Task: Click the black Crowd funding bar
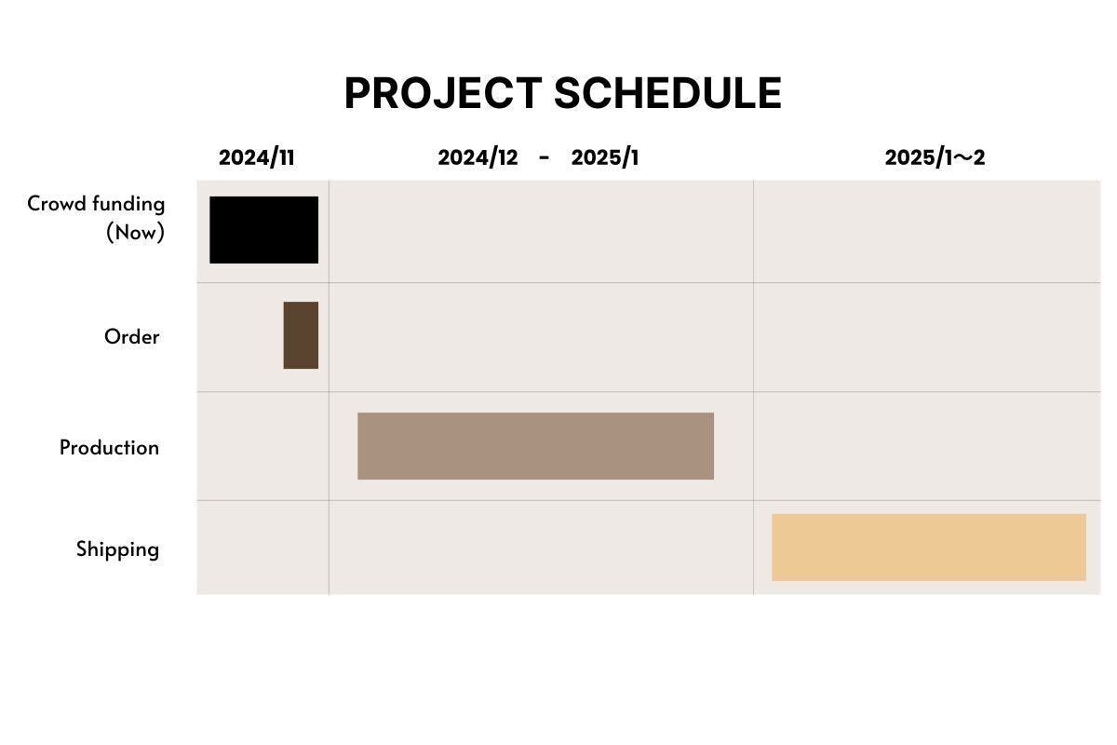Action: pyautogui.click(x=263, y=230)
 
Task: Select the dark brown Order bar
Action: pyautogui.click(x=301, y=335)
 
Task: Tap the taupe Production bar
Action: pyautogui.click(x=535, y=446)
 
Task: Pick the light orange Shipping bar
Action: pyautogui.click(x=929, y=548)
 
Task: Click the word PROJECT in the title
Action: pyautogui.click(x=443, y=93)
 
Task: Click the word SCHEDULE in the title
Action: pyautogui.click(x=667, y=93)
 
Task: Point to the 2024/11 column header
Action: pyautogui.click(x=257, y=157)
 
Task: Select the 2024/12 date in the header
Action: pyautogui.click(x=478, y=157)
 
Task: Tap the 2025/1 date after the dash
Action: pyautogui.click(x=605, y=157)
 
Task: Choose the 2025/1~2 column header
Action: pyautogui.click(x=935, y=157)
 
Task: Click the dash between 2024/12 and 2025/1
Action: pyautogui.click(x=544, y=158)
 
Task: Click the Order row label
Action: pyautogui.click(x=131, y=337)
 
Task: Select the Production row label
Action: pyautogui.click(x=109, y=448)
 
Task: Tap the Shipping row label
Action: pyautogui.click(x=117, y=549)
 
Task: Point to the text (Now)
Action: pyautogui.click(x=135, y=233)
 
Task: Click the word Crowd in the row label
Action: pyautogui.click(x=57, y=204)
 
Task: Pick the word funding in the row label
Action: pyautogui.click(x=128, y=204)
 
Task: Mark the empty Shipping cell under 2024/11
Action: pyautogui.click(x=262, y=548)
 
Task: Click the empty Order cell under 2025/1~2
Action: pyautogui.click(x=927, y=337)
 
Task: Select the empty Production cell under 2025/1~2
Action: pyautogui.click(x=927, y=446)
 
